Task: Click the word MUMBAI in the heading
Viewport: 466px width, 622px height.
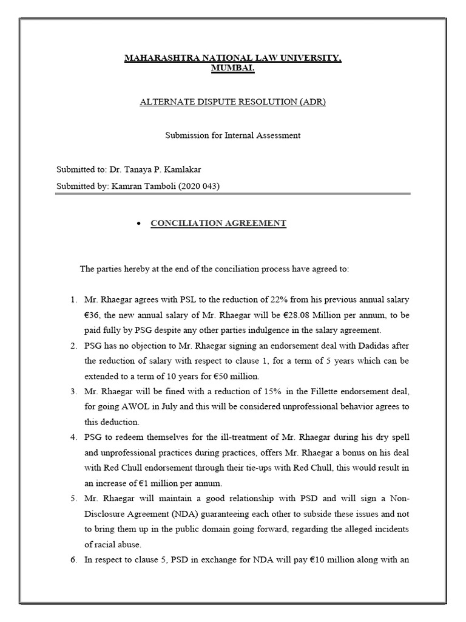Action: (232, 69)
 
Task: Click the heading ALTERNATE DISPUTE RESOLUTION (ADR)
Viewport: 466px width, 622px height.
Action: (233, 102)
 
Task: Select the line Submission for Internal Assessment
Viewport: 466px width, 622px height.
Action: (233, 135)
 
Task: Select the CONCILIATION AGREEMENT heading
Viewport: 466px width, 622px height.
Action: (218, 223)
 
